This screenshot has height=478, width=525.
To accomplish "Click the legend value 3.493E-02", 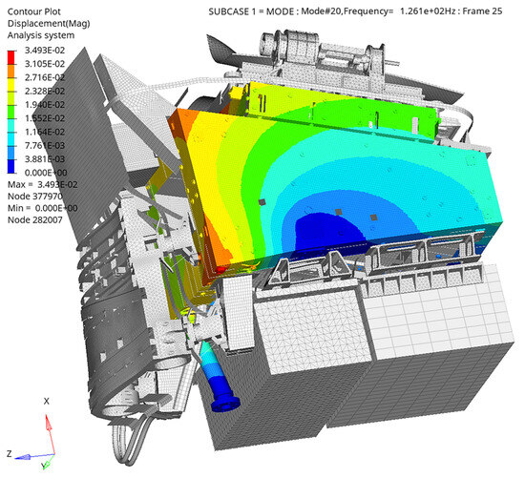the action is pos(45,51).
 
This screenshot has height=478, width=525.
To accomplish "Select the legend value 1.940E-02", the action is pos(45,105).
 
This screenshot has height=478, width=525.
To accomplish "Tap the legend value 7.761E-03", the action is pos(45,146).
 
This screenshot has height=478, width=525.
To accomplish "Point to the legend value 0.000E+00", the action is pos(46,173).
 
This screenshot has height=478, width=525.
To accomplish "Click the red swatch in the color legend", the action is pos(11,57).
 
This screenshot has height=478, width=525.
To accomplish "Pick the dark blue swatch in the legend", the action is pos(11,166).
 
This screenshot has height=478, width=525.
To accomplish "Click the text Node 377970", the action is pos(35,197).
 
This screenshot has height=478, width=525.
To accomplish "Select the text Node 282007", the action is pos(35,220).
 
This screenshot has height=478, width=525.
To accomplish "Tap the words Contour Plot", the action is pos(33,11).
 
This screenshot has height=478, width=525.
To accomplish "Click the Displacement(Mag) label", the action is pos(49,24).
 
